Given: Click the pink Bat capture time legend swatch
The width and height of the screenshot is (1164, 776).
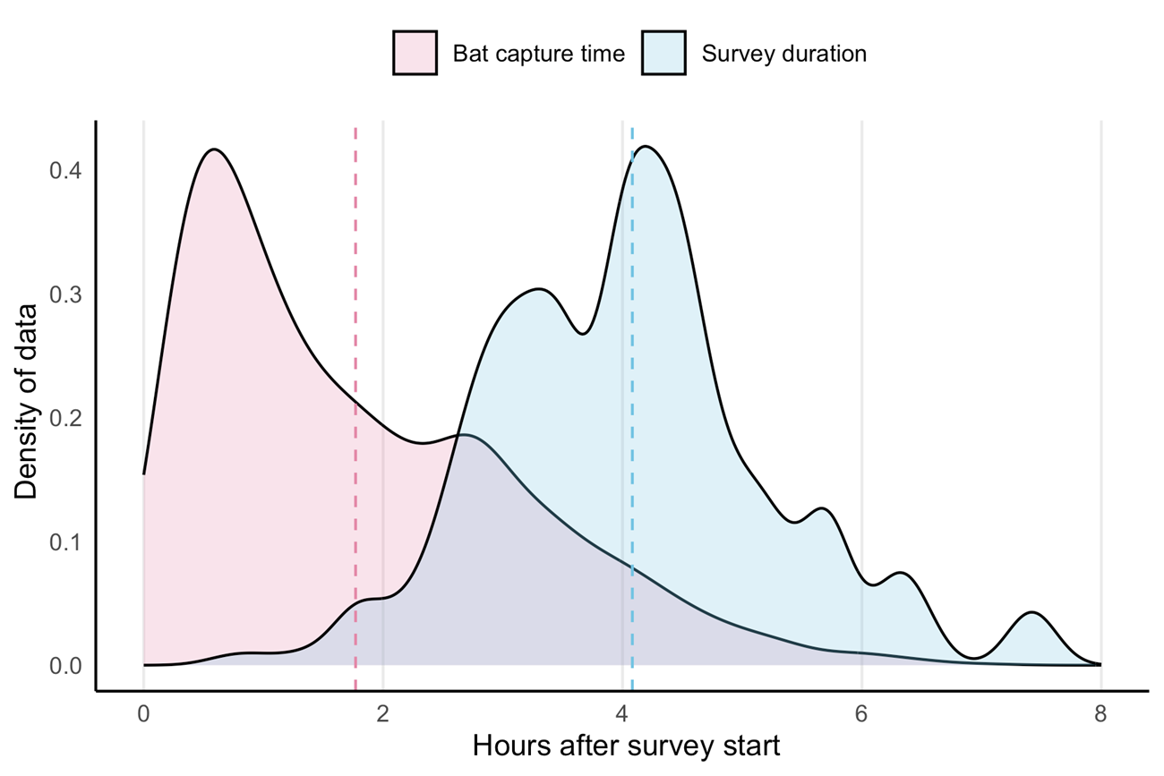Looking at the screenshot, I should click(x=415, y=54).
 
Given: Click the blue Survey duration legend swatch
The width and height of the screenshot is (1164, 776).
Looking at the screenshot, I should click(x=663, y=54).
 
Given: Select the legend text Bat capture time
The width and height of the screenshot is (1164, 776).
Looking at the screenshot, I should click(x=538, y=54).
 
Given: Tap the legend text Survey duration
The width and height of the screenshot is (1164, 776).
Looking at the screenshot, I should click(x=783, y=54).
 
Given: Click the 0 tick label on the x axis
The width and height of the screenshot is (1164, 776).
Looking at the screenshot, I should click(x=143, y=714).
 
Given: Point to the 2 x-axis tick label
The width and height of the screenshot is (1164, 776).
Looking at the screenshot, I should click(x=382, y=714).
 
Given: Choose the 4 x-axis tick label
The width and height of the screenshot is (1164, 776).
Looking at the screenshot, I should click(x=622, y=714).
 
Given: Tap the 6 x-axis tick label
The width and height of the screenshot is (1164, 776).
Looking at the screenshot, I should click(x=861, y=714).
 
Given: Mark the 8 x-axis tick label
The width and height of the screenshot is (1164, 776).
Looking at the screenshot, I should click(x=1100, y=714).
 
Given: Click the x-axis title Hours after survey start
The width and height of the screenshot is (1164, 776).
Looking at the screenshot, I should click(x=626, y=746).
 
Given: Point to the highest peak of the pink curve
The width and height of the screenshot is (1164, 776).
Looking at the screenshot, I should click(x=213, y=149).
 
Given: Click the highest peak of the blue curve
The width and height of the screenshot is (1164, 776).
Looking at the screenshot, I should click(x=645, y=147).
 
